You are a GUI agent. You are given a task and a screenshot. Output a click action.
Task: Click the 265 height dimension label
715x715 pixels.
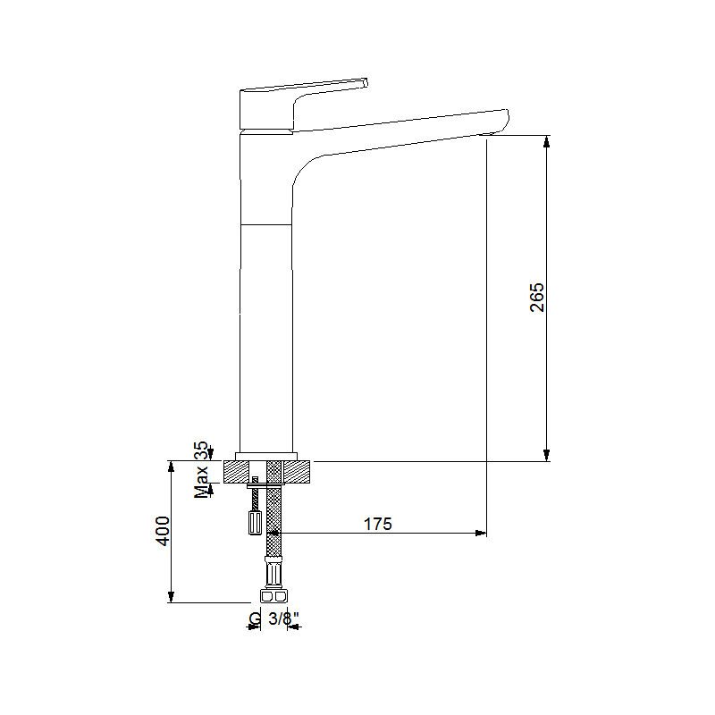pos(537,298)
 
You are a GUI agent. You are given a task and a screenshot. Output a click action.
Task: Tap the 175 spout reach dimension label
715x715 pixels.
pos(377,524)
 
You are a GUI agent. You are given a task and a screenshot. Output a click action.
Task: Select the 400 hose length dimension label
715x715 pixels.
pos(163,531)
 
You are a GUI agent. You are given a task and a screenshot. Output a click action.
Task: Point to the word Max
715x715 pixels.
pos(201,482)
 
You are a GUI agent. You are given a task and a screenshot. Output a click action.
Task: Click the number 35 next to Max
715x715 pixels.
pos(201,450)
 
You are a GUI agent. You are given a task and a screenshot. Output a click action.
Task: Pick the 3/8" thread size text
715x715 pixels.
pos(283,618)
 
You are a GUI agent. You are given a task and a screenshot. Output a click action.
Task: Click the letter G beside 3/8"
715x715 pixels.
pos(256,618)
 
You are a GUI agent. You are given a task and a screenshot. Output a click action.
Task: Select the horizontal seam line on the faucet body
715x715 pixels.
pos(265,224)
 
